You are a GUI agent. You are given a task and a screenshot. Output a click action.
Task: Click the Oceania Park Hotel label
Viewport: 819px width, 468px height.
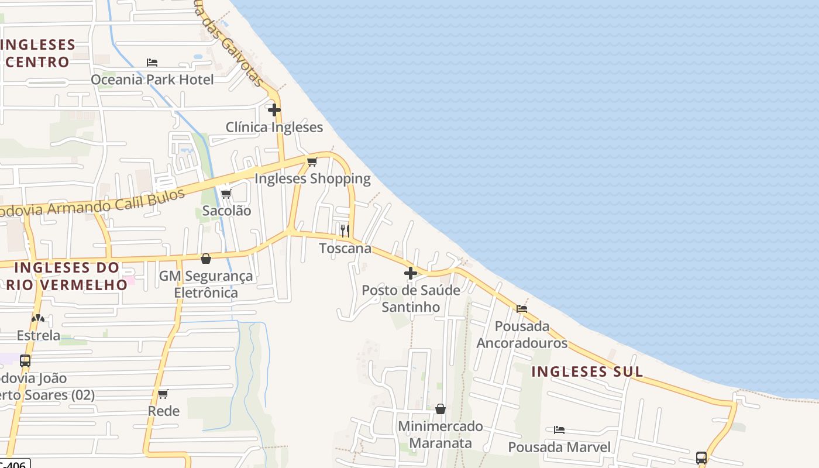click(152, 80)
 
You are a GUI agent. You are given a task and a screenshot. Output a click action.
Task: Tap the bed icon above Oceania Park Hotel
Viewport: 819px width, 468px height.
click(152, 62)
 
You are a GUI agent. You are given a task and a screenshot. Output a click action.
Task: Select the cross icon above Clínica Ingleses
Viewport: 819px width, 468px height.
click(274, 109)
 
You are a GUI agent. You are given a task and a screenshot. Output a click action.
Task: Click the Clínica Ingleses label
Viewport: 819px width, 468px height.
click(274, 127)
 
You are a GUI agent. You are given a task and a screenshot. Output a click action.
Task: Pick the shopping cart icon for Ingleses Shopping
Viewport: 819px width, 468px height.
click(312, 161)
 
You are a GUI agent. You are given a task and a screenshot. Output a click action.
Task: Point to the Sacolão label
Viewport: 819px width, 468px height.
click(226, 211)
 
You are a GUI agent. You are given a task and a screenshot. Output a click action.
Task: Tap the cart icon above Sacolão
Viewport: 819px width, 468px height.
click(226, 194)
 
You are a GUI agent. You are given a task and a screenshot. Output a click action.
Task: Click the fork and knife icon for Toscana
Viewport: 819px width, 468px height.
click(345, 230)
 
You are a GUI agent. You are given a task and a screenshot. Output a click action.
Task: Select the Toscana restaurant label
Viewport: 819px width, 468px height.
click(345, 248)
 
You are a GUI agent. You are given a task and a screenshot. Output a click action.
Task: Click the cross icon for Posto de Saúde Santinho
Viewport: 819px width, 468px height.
click(411, 273)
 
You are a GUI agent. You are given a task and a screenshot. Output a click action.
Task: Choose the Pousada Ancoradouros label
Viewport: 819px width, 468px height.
click(522, 334)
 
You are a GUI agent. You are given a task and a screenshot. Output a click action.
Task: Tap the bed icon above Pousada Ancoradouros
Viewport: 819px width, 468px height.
click(521, 308)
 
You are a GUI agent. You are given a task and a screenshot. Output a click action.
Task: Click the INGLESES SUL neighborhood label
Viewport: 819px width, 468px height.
click(587, 371)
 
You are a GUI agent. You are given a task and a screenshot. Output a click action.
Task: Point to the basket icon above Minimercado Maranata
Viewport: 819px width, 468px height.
click(441, 408)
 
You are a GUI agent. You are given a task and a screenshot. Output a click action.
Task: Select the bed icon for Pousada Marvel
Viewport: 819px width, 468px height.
click(559, 430)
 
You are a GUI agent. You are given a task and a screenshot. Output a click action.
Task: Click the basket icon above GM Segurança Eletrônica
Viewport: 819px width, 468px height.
click(206, 258)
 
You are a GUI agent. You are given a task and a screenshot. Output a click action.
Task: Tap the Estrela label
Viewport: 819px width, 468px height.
click(39, 335)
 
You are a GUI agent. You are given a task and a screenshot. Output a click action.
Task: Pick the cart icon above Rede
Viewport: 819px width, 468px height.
click(163, 394)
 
